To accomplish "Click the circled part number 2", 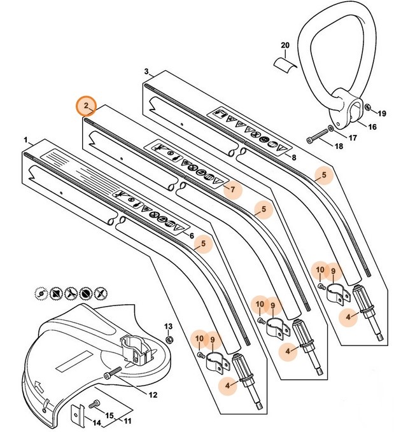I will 85,105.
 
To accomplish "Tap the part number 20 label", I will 285,45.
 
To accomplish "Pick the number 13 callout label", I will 169,326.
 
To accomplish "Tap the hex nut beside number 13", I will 169,338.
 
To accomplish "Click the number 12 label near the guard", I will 153,395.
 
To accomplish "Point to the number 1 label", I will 25,139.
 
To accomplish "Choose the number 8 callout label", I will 293,157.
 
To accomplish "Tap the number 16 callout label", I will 372,128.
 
